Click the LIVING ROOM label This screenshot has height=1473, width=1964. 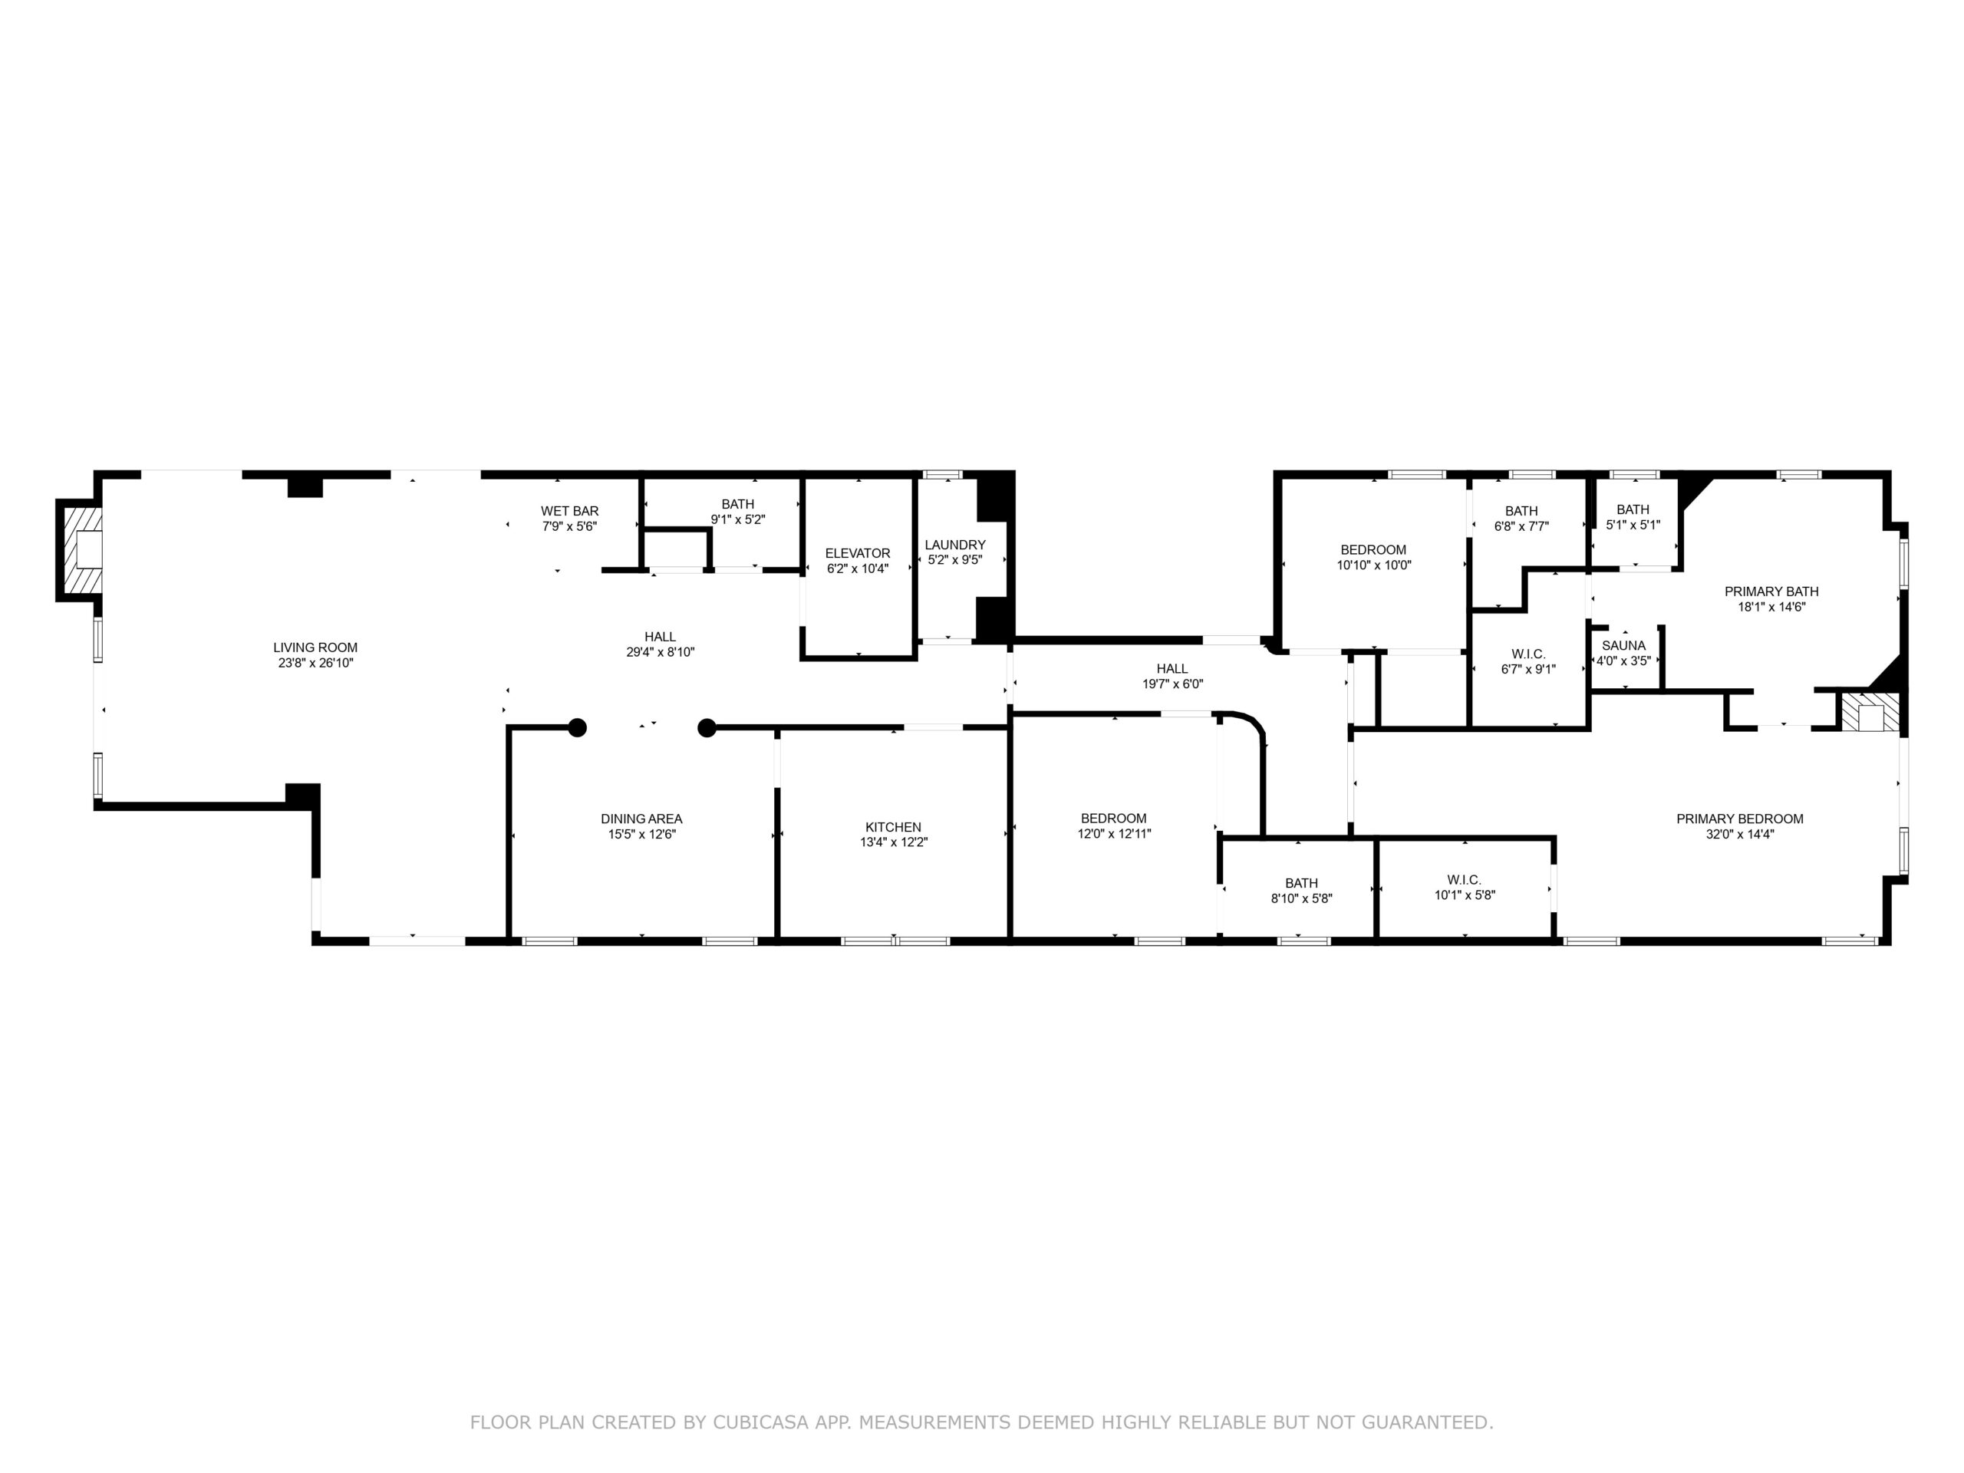click(315, 648)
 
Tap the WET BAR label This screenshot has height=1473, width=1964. click(569, 510)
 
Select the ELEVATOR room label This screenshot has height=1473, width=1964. click(857, 553)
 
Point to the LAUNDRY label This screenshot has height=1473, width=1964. click(954, 544)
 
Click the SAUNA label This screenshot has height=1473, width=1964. click(1623, 645)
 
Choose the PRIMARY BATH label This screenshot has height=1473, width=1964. click(1771, 592)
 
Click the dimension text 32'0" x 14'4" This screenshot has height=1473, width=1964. click(1739, 834)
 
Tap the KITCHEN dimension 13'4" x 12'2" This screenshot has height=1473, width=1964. click(893, 842)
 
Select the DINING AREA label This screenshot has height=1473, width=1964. click(641, 819)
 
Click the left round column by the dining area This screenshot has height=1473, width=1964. click(577, 728)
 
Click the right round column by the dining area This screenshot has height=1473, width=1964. click(707, 728)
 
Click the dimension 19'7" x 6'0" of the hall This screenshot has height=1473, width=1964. click(1172, 684)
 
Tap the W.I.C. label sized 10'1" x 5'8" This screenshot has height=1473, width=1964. click(1463, 880)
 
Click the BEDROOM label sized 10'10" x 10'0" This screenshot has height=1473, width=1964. click(1372, 549)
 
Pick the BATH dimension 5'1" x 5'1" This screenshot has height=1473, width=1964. click(1632, 525)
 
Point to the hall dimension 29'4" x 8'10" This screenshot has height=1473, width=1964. click(660, 651)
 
